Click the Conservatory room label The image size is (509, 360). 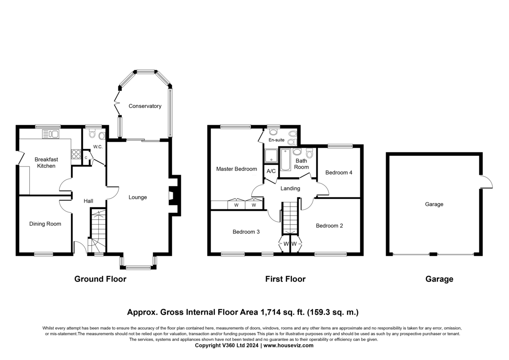145,106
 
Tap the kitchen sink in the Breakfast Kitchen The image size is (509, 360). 50,134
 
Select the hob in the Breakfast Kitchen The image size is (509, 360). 76,154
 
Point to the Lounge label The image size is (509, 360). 137,197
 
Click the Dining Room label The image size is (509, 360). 45,224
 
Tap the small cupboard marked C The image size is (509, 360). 86,157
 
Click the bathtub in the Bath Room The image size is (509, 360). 285,160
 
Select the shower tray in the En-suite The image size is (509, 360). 271,156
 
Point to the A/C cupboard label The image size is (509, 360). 271,171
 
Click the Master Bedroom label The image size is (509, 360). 236,169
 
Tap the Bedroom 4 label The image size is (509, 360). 338,173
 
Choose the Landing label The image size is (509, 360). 290,188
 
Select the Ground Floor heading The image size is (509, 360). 100,279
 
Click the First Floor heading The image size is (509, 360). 285,279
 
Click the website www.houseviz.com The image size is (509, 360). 288,346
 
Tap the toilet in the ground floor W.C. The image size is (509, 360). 92,133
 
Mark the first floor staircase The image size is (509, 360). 290,218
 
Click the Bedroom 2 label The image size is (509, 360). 329,225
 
